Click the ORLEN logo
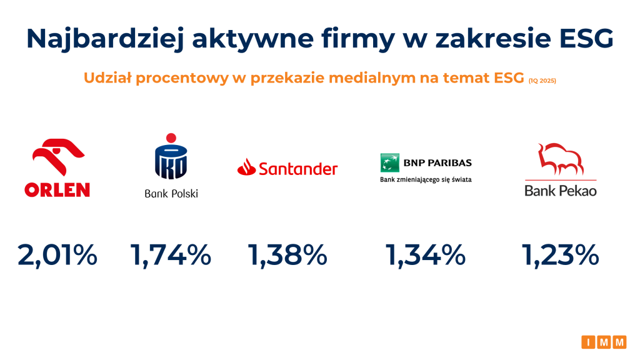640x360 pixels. coord(57,167)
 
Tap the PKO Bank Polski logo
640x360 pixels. coord(171,166)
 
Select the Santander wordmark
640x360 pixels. coord(298,169)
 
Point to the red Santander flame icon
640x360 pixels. coord(246,167)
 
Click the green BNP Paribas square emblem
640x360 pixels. coord(390,162)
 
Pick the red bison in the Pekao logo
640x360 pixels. coord(560,159)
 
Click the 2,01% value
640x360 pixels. coord(57,256)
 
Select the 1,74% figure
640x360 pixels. coord(171,256)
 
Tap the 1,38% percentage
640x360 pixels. coord(287,256)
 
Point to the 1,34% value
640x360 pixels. coord(425,256)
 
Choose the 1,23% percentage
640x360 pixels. coord(561,256)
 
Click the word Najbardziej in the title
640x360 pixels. coord(105,39)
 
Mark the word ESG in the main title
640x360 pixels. coord(586,38)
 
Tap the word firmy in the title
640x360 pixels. coord(358,39)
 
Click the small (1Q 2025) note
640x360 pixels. coord(542,81)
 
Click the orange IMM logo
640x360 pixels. coord(604,342)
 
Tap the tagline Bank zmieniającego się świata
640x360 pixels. coord(426,179)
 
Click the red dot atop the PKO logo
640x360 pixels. coord(171,138)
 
